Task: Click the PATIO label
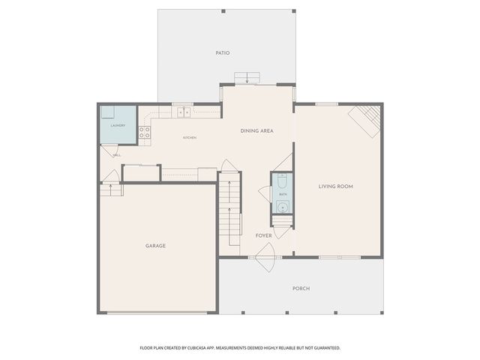pyautogui.click(x=222, y=53)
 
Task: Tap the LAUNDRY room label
pyautogui.click(x=118, y=125)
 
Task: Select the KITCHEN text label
pyautogui.click(x=190, y=138)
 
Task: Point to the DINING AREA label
pyautogui.click(x=256, y=131)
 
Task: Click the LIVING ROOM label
pyautogui.click(x=335, y=186)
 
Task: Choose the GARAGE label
pyautogui.click(x=155, y=246)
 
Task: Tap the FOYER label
pyautogui.click(x=263, y=235)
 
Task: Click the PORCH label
pyautogui.click(x=301, y=289)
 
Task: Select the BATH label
pyautogui.click(x=283, y=194)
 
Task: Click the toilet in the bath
pyautogui.click(x=282, y=181)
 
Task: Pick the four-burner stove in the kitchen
pyautogui.click(x=144, y=133)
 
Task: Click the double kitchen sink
pyautogui.click(x=182, y=112)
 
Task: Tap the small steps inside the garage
pyautogui.click(x=111, y=190)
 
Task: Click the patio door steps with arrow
pyautogui.click(x=247, y=78)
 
